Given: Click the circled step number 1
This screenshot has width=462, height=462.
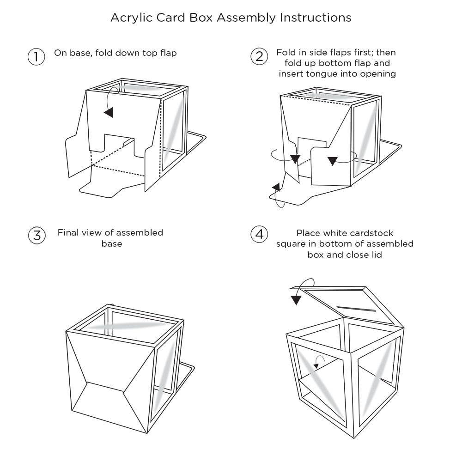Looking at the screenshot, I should click(36, 57).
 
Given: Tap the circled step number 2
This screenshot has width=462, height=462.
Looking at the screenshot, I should click(259, 57).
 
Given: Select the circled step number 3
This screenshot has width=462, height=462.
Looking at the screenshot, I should click(36, 235).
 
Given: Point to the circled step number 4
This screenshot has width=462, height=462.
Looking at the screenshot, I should click(259, 234).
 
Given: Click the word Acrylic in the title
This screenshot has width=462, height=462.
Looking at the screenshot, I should click(128, 18).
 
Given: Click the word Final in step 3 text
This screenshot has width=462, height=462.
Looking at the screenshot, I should click(69, 232).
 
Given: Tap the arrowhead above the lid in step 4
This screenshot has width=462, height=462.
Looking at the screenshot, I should click(296, 300).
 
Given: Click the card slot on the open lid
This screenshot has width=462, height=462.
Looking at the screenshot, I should click(356, 308).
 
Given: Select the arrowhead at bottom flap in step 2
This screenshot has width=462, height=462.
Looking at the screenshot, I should click(276, 187).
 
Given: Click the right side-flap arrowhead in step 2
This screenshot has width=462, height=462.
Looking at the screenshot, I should click(332, 161).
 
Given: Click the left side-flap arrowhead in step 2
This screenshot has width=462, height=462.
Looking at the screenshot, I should click(295, 160).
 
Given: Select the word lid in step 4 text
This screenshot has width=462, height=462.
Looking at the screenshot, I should click(376, 255).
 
